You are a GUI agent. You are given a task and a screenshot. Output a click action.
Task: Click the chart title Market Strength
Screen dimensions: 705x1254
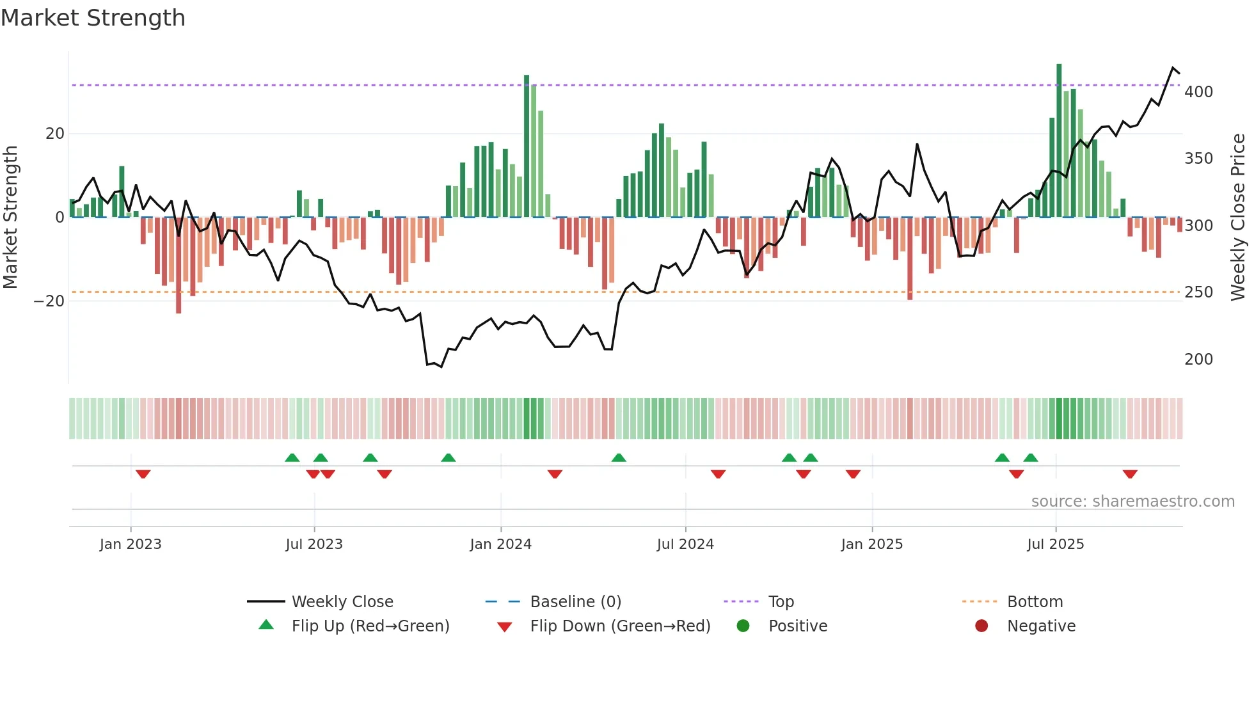tap(93, 18)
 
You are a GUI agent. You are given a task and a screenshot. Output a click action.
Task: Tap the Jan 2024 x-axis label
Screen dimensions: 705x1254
tap(500, 544)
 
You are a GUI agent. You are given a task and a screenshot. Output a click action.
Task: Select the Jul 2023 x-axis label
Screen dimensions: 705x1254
tap(314, 544)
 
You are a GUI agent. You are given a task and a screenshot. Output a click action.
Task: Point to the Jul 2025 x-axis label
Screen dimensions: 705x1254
tap(1055, 544)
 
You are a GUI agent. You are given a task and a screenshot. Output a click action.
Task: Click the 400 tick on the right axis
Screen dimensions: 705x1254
tap(1198, 92)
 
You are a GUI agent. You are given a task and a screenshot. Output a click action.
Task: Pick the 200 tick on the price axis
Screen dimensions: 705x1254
tap(1198, 360)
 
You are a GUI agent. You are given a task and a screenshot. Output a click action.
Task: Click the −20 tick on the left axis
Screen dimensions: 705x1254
tap(49, 301)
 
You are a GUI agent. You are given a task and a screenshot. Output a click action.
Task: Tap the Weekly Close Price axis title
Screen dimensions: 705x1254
tap(1238, 218)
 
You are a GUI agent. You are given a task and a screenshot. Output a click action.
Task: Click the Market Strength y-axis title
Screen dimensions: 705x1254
tap(11, 218)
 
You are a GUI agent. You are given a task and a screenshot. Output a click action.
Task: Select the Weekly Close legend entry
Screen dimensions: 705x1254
tap(342, 602)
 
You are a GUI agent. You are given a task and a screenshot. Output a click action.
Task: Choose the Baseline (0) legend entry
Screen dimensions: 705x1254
tap(575, 602)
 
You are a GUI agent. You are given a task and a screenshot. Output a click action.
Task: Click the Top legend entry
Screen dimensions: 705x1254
tap(781, 602)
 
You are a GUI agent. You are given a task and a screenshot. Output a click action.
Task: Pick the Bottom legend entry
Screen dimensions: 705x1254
tap(1035, 602)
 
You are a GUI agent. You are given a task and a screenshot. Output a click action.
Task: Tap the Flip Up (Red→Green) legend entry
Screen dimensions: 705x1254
tap(370, 626)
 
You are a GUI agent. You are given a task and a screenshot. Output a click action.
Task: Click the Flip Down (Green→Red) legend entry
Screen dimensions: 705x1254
tap(619, 626)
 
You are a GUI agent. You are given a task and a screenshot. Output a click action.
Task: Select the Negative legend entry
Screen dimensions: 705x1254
tap(1040, 626)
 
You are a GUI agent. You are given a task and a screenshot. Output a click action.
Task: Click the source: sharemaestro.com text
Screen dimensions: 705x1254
tap(1132, 502)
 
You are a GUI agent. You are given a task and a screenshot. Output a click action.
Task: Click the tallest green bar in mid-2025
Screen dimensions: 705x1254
tap(1059, 141)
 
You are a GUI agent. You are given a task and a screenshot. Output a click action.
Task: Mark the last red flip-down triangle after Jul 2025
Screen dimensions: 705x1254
tap(1130, 474)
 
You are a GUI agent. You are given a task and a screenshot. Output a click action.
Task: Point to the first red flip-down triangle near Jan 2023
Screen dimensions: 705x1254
tap(143, 474)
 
